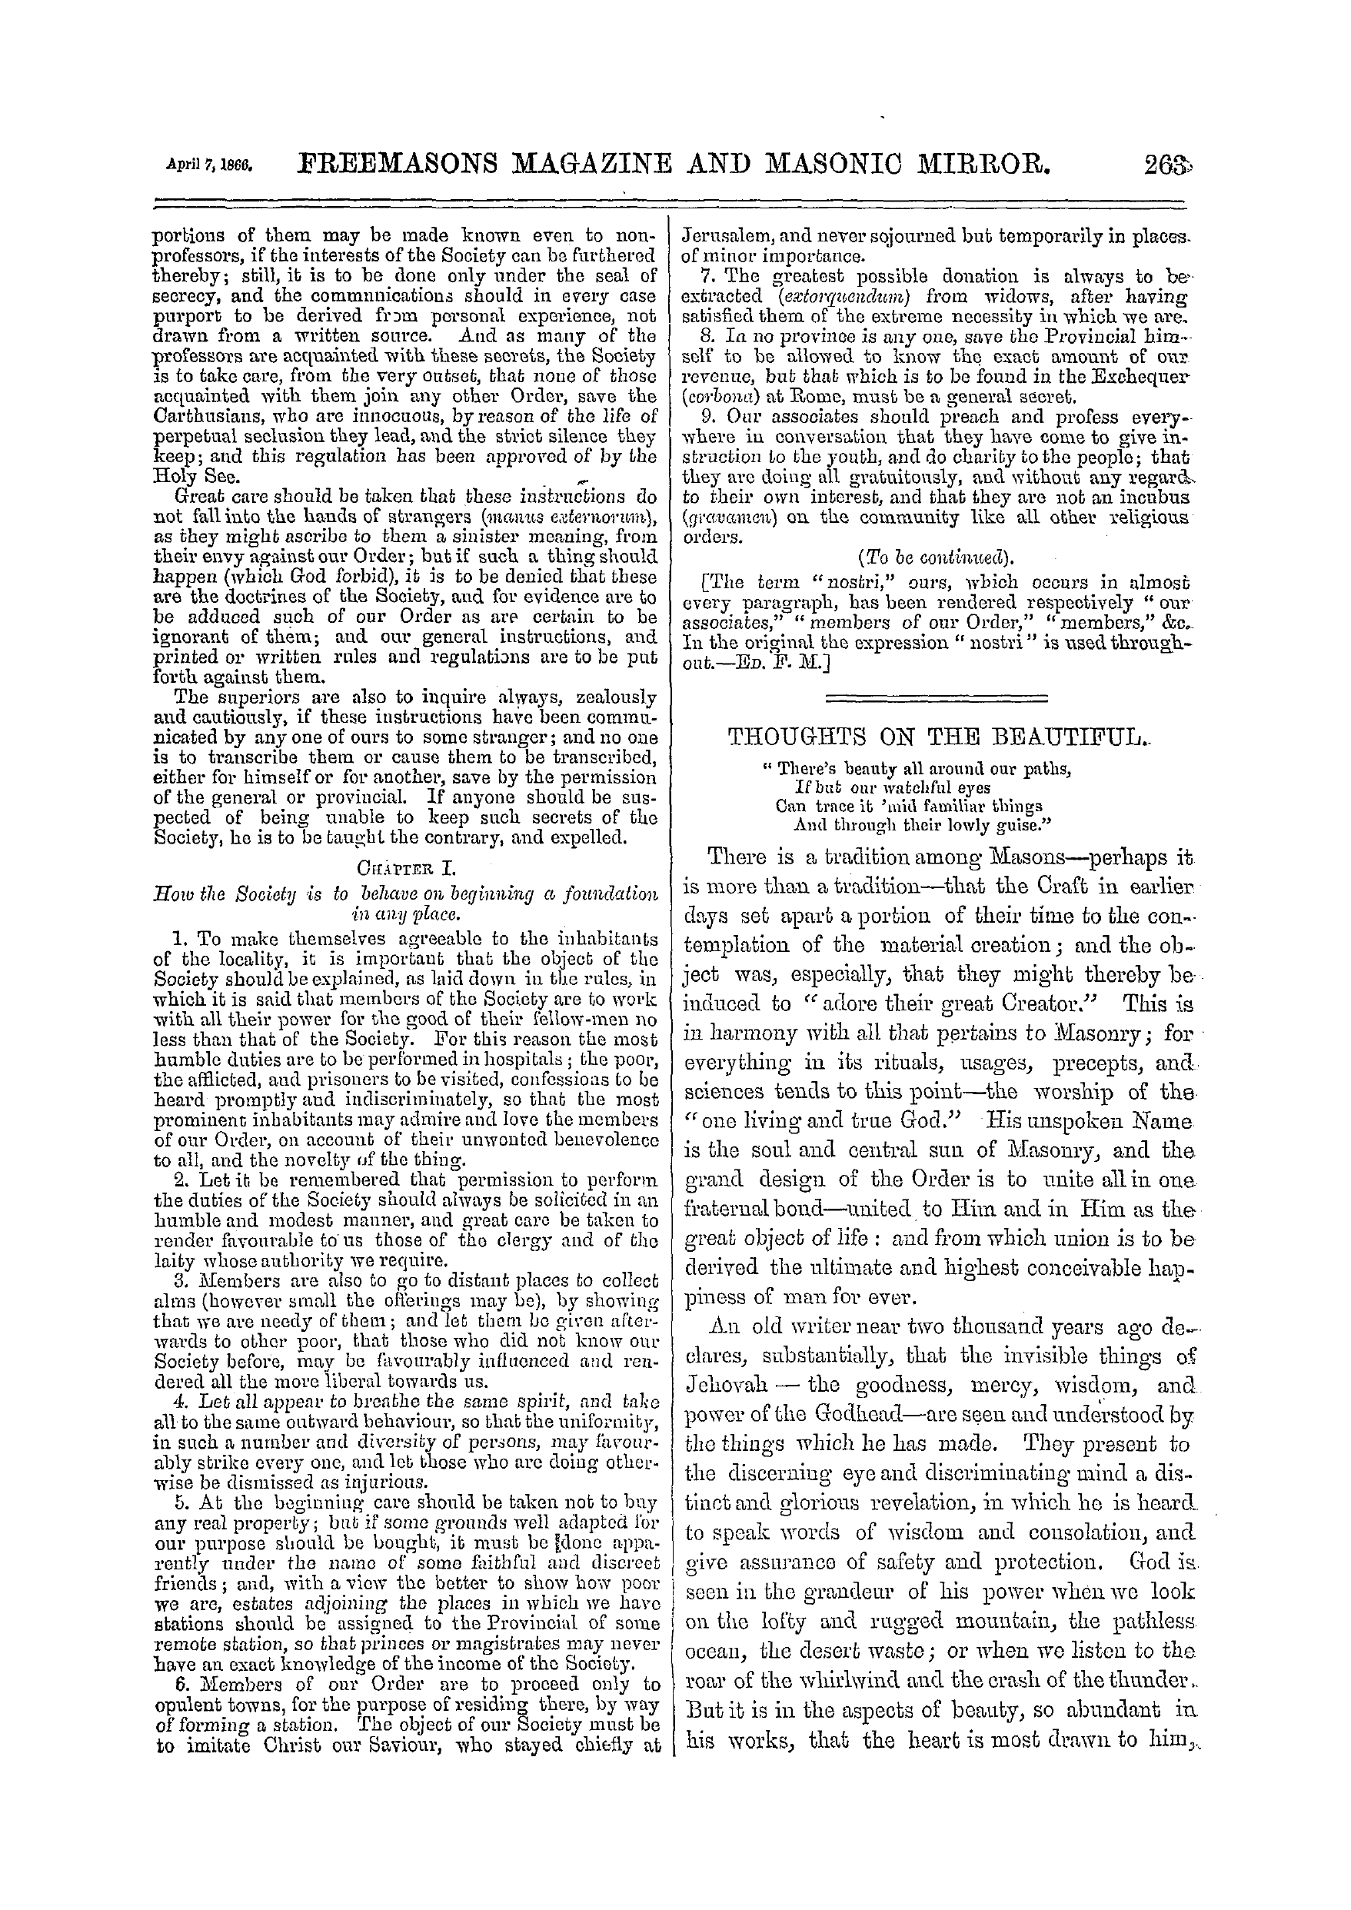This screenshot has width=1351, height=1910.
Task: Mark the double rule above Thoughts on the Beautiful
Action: (935, 697)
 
